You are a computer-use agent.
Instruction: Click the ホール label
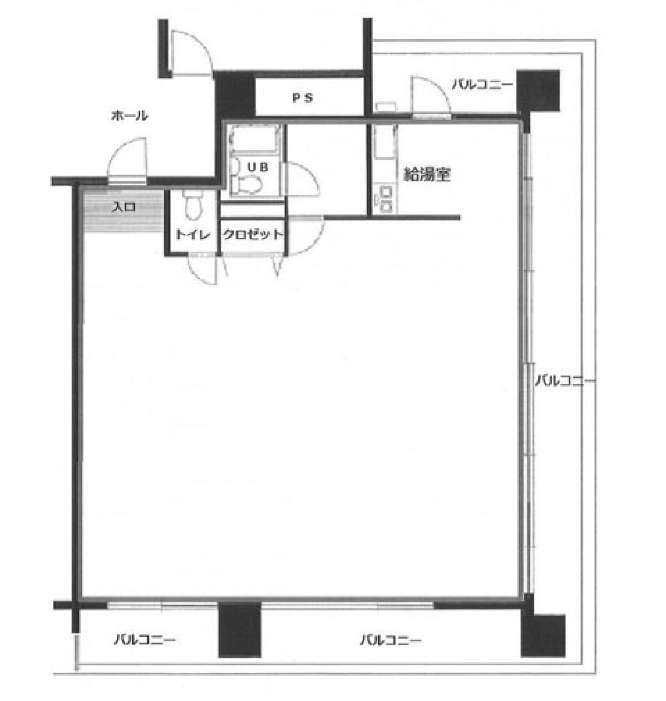(x=129, y=116)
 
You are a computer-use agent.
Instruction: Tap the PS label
(x=303, y=98)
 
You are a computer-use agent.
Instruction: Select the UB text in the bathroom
(x=258, y=168)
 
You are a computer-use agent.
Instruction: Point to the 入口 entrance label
(x=124, y=208)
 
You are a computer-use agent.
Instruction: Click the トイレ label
(x=192, y=235)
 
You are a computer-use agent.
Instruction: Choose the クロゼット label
(x=252, y=235)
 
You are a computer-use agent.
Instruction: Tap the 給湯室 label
(x=427, y=175)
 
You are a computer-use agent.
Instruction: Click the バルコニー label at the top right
(x=482, y=84)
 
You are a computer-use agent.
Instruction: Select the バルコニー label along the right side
(x=566, y=381)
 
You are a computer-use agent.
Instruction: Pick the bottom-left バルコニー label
(x=145, y=640)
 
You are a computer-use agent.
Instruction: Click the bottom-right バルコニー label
(x=391, y=640)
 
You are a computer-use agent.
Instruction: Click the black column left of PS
(x=235, y=96)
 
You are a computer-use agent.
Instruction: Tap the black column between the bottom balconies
(x=239, y=629)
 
